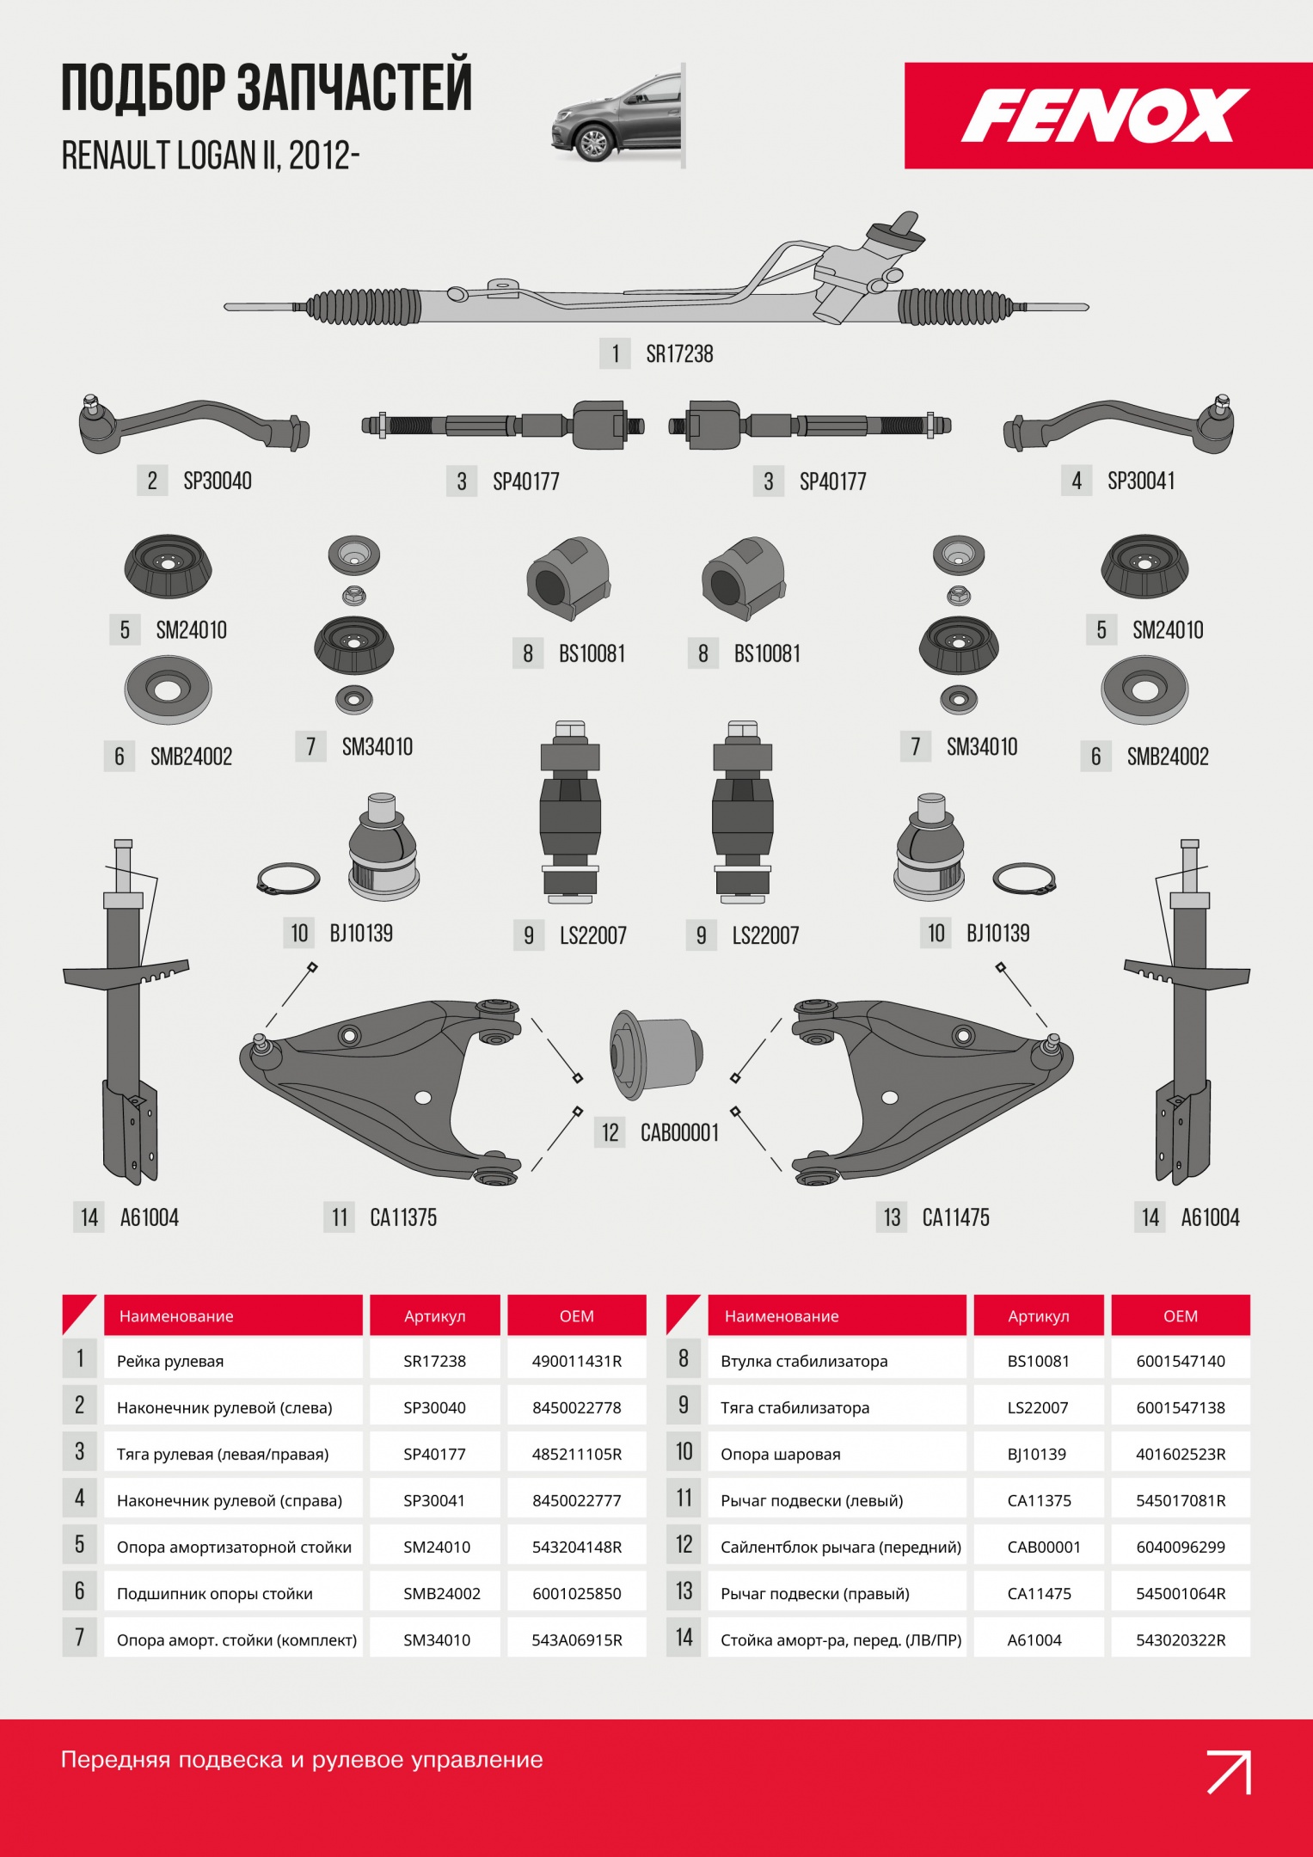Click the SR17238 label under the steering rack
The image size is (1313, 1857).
679,353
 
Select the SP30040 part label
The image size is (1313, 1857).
218,481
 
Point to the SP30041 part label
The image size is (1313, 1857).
1141,481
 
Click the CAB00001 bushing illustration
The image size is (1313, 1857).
657,1054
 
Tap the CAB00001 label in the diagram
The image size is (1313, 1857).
679,1132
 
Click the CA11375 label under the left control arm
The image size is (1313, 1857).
403,1217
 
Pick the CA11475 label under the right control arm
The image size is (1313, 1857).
955,1217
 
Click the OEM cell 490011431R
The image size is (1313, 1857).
577,1361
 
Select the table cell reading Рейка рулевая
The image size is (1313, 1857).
170,1361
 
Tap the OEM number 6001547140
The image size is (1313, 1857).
1181,1361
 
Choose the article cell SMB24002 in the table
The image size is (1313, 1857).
442,1593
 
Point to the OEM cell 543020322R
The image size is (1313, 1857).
1181,1639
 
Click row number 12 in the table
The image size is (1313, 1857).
684,1545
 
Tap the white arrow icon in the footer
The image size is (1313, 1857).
1229,1772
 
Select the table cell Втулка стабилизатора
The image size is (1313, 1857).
804,1361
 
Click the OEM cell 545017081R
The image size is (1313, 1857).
1181,1500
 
